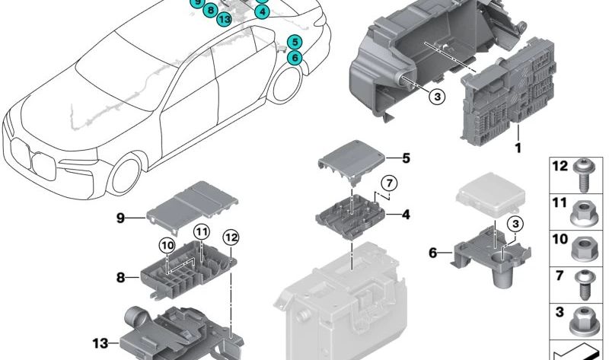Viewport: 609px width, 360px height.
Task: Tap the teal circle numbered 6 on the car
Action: (x=295, y=56)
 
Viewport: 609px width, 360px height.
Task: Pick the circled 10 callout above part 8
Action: (x=166, y=245)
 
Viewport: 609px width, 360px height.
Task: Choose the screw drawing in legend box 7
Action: (x=588, y=279)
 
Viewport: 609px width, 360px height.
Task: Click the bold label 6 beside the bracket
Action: (x=433, y=253)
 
